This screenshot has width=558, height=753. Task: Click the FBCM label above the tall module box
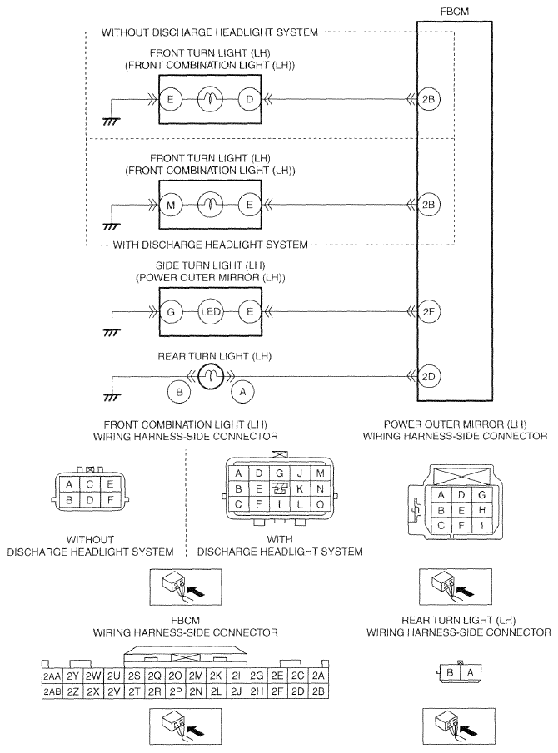(454, 12)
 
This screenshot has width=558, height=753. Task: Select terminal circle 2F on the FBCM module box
(428, 312)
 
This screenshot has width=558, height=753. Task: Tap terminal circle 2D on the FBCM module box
(428, 376)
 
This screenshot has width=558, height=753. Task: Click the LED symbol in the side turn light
(211, 312)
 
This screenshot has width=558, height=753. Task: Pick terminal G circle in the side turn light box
(171, 312)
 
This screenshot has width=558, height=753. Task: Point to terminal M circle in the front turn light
(171, 205)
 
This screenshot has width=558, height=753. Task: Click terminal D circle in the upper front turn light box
(250, 99)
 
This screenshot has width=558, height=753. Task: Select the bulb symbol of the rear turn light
(210, 376)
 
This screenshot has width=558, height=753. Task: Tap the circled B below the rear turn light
(179, 392)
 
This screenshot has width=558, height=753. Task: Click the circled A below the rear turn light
(242, 392)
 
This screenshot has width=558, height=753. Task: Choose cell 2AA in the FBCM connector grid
(52, 676)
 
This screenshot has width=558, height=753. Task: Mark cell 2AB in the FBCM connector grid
(52, 691)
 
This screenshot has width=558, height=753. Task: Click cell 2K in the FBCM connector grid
(216, 676)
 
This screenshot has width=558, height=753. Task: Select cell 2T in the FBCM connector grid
(134, 691)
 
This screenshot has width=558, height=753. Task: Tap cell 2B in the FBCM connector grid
(318, 691)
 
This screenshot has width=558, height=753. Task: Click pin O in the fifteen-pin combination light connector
(320, 505)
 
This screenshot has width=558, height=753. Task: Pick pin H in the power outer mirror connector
(481, 509)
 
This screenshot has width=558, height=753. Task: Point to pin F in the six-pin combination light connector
(110, 500)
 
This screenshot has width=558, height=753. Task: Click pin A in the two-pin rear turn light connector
(470, 673)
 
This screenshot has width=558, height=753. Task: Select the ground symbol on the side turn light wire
(112, 332)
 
